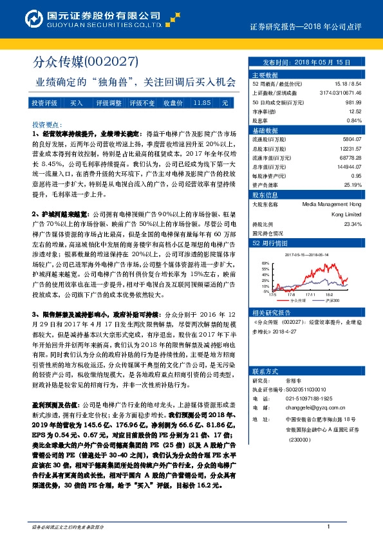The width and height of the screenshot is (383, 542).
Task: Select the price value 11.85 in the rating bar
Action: (x=202, y=103)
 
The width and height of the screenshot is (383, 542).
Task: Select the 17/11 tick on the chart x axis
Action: (x=311, y=294)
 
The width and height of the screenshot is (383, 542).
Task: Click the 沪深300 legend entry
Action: (x=333, y=300)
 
